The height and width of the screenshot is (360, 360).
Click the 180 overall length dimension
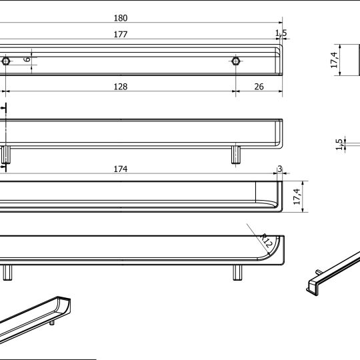(x=120, y=18)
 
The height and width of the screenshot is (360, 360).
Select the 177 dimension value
(x=120, y=34)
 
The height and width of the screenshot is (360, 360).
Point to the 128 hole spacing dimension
(x=120, y=87)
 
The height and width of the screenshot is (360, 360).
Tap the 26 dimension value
(x=259, y=87)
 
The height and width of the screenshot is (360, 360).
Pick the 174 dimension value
(x=120, y=169)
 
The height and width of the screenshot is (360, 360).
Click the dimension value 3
(x=279, y=169)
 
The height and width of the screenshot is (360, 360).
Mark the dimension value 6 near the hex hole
(x=27, y=59)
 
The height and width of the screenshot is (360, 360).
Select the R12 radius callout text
(x=266, y=239)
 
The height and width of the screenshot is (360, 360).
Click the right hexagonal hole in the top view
(x=235, y=61)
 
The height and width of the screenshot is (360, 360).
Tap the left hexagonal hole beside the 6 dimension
(x=6, y=61)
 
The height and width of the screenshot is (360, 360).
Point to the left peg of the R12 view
(x=7, y=272)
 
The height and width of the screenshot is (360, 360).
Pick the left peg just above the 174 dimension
(x=6, y=155)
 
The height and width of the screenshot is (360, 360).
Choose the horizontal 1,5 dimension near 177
(x=281, y=33)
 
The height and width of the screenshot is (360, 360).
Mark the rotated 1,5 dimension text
(x=339, y=144)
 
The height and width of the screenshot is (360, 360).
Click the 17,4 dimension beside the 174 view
(x=298, y=196)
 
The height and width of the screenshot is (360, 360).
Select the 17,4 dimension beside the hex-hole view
(x=334, y=60)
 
